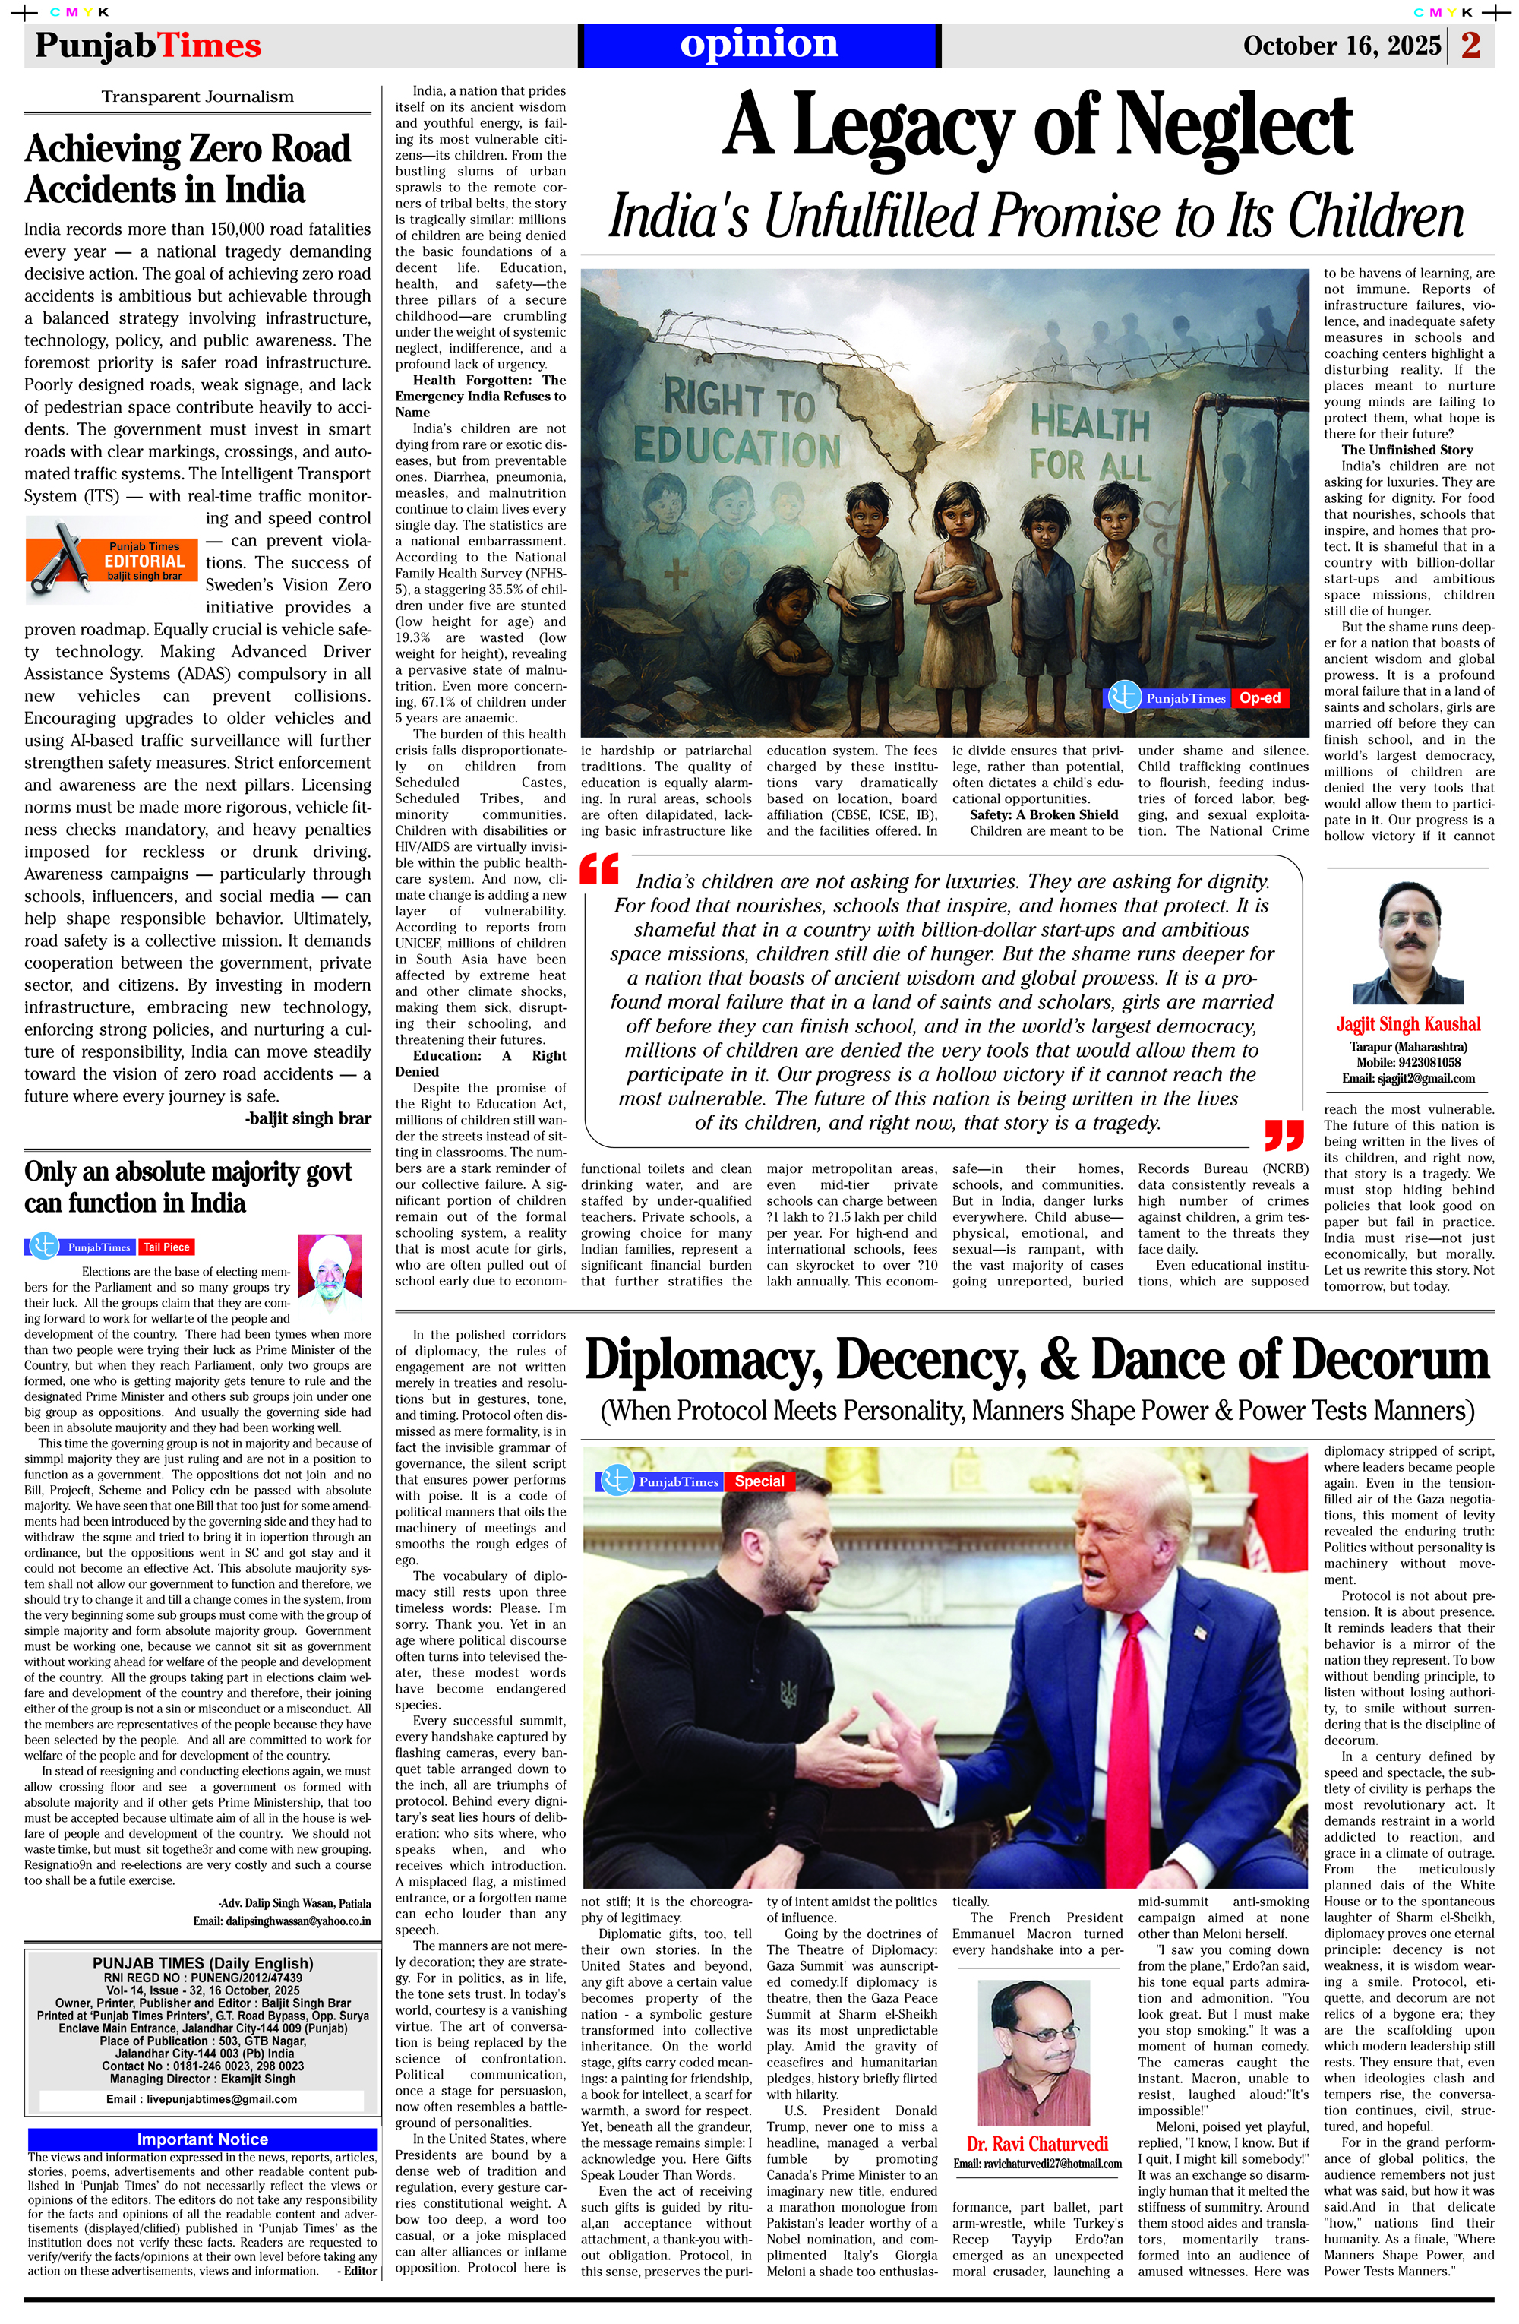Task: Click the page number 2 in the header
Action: [x=1470, y=45]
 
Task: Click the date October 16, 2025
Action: [x=1341, y=46]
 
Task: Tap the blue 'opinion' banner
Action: [x=759, y=45]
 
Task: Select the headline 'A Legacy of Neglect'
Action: [x=1037, y=125]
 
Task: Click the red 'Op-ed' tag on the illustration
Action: [x=1259, y=697]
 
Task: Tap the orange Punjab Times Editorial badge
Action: [x=112, y=561]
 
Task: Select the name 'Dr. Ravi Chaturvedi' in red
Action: [x=1037, y=2143]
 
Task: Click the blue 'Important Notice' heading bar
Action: [x=202, y=2139]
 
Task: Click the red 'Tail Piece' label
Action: [x=166, y=1247]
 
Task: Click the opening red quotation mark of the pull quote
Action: [x=599, y=869]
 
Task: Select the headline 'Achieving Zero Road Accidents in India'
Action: [x=188, y=169]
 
